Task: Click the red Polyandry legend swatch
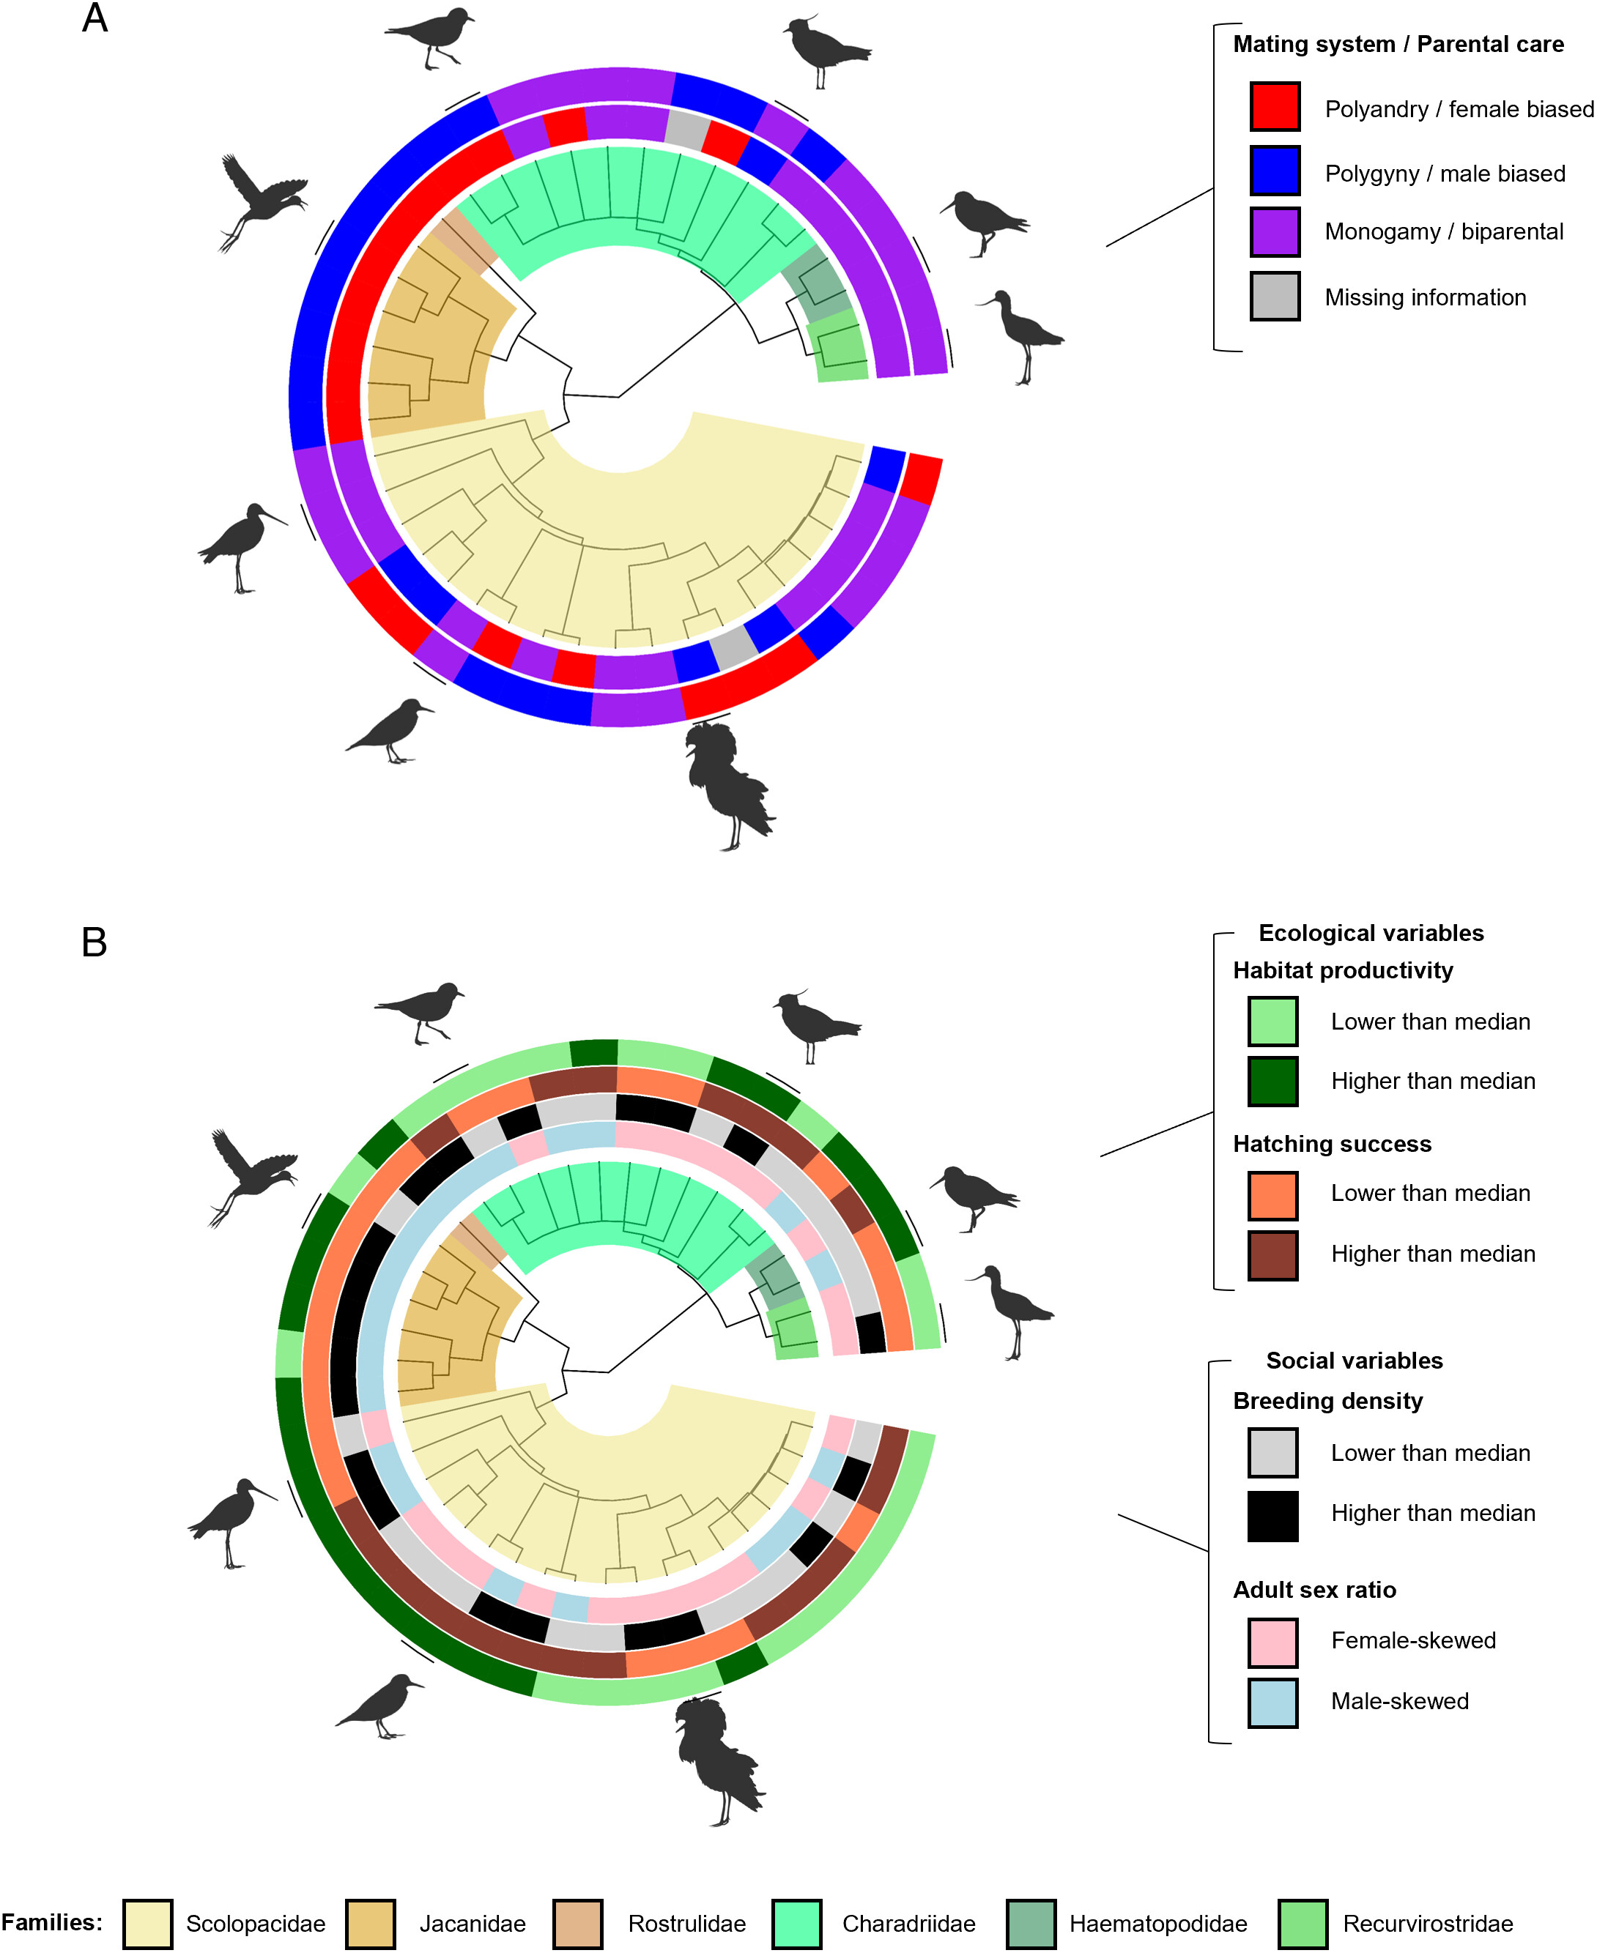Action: click(x=1274, y=107)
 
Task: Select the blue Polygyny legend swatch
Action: click(x=1274, y=171)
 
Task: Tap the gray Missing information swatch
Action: click(x=1274, y=296)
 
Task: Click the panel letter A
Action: click(x=95, y=18)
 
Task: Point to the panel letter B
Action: click(x=94, y=942)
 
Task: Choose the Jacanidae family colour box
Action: click(x=371, y=1923)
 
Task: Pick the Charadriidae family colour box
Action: click(x=796, y=1923)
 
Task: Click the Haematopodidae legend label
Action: click(x=1157, y=1923)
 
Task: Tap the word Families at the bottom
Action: click(x=51, y=1921)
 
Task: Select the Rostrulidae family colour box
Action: click(x=578, y=1923)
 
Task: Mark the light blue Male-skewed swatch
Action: click(x=1272, y=1703)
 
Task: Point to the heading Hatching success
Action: click(x=1331, y=1144)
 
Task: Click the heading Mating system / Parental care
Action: click(x=1398, y=44)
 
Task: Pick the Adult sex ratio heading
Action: click(x=1313, y=1590)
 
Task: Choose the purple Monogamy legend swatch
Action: click(x=1274, y=231)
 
